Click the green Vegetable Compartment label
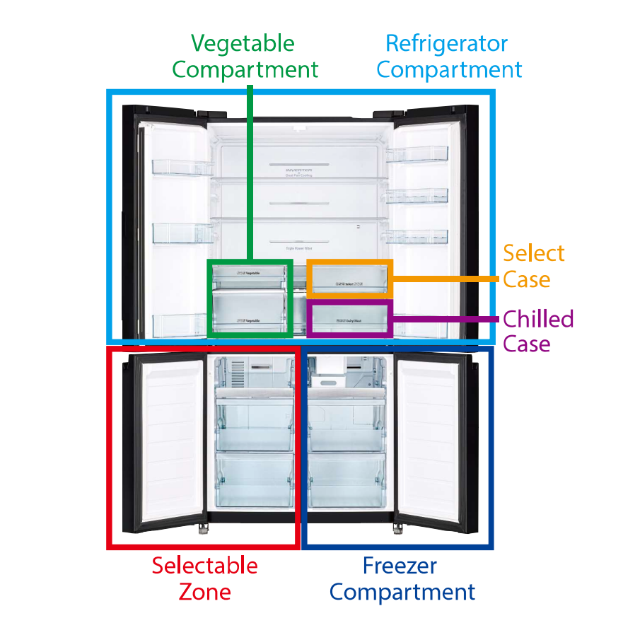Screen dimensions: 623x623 tap(245, 57)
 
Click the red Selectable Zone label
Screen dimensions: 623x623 tap(204, 578)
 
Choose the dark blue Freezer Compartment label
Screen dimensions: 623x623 tap(401, 578)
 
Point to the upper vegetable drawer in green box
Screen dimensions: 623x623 tap(249, 275)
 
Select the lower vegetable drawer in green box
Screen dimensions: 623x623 tap(249, 312)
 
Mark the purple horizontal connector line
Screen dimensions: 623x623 tap(446, 319)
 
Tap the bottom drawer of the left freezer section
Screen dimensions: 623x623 tap(254, 481)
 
